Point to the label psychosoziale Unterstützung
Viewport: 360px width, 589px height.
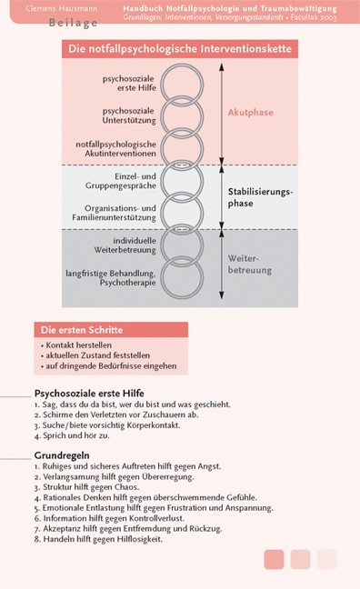[x=129, y=115]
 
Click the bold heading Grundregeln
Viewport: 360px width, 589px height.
[x=61, y=455]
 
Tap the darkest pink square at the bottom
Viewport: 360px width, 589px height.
[x=274, y=559]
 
